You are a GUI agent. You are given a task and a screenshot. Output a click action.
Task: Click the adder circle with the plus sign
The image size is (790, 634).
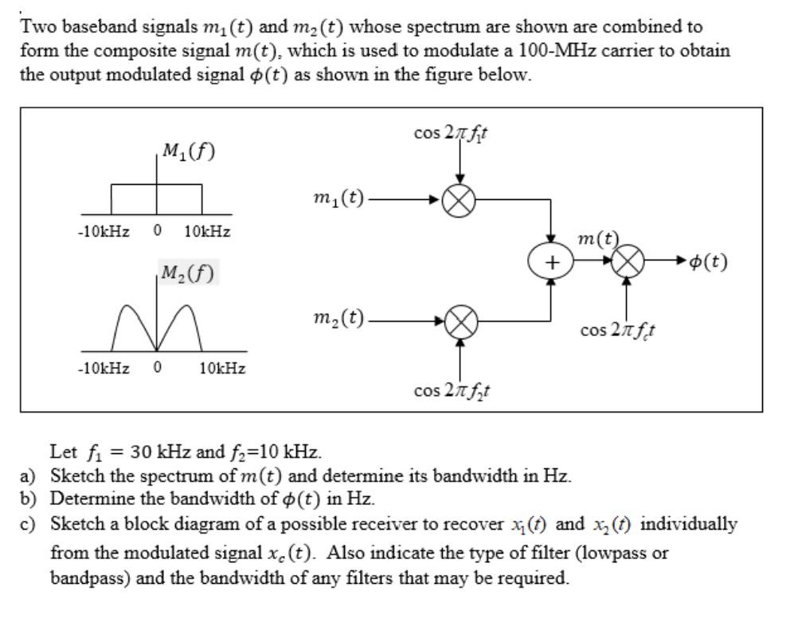point(549,261)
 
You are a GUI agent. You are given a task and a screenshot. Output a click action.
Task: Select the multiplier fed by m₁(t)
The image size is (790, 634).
point(460,200)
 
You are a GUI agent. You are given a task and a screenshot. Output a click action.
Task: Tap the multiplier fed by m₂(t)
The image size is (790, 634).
point(460,322)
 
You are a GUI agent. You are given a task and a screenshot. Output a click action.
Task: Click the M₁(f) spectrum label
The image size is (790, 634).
point(188,151)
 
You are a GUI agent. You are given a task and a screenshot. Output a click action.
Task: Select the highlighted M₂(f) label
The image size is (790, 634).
point(188,273)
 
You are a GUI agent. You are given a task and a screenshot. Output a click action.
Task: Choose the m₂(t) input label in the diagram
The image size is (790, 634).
point(338,320)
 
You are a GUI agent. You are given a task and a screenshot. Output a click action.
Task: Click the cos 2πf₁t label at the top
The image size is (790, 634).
point(452,133)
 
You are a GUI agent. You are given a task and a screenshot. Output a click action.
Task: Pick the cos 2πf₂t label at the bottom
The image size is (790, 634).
point(452,390)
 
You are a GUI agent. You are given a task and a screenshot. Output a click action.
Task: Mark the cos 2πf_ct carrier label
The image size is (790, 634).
point(618,329)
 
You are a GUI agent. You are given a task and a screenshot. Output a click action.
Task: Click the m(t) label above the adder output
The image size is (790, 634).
point(598,238)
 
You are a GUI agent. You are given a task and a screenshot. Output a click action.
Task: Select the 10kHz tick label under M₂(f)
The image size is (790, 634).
point(222,369)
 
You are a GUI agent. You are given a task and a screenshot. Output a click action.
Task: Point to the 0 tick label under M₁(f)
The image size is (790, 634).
point(157,231)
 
